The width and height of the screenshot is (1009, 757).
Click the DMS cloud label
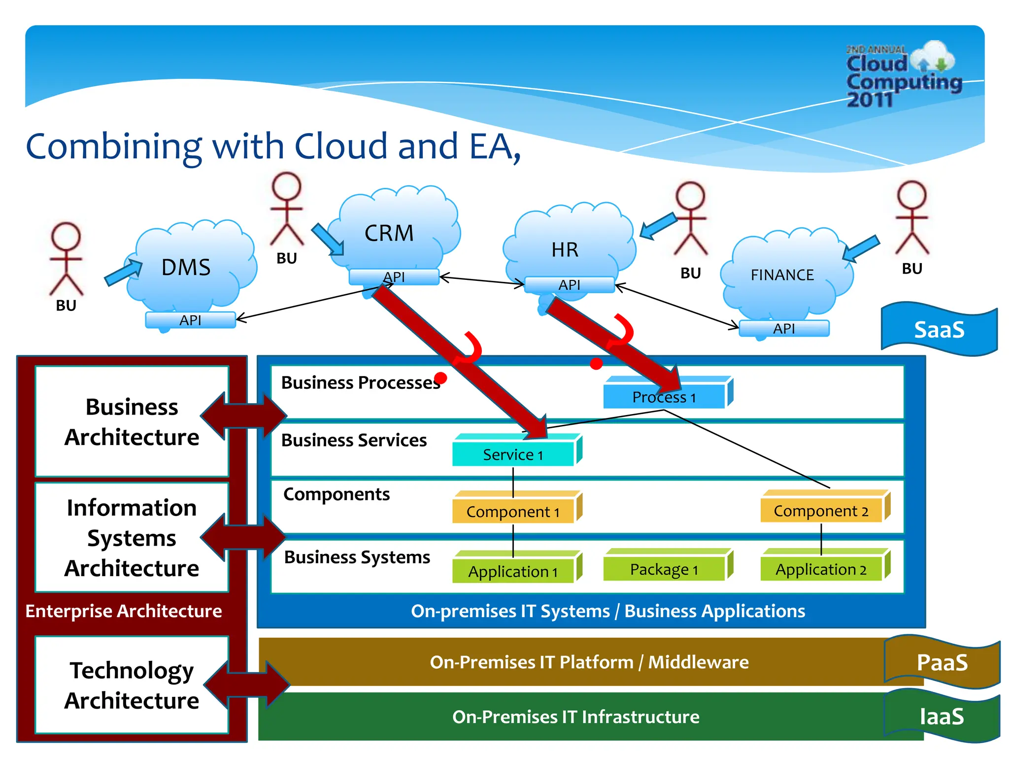point(186,268)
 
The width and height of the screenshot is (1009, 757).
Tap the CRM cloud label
point(389,233)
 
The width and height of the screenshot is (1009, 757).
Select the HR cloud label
point(565,250)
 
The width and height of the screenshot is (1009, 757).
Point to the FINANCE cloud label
point(782,275)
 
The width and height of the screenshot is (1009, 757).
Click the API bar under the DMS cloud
point(190,320)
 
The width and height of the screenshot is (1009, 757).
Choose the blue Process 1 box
point(664,397)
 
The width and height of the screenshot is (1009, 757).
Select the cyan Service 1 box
point(513,454)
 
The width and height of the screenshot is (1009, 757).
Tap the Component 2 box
point(821,511)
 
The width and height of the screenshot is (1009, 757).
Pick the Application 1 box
point(513,572)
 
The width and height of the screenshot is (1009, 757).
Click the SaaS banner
point(939,330)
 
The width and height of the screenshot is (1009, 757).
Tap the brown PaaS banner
point(942,662)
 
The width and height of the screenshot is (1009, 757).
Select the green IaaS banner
point(942,717)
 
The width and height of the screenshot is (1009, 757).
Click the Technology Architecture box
point(132,685)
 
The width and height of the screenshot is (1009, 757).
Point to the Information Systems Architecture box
point(132,538)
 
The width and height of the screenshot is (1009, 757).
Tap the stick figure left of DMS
point(66,259)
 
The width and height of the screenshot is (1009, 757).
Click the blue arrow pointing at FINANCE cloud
point(861,248)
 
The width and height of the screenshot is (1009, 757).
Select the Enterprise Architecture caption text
point(124,611)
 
